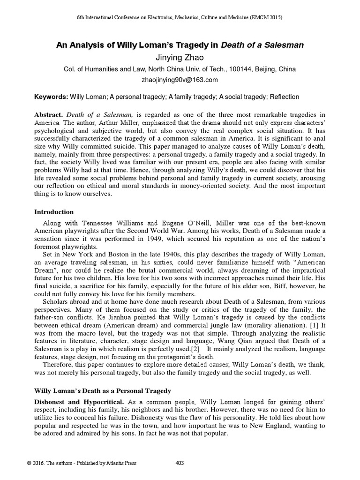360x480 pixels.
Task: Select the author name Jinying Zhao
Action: pos(180,57)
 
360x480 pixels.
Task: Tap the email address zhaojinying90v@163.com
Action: pos(180,80)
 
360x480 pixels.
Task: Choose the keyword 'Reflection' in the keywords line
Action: pos(284,97)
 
